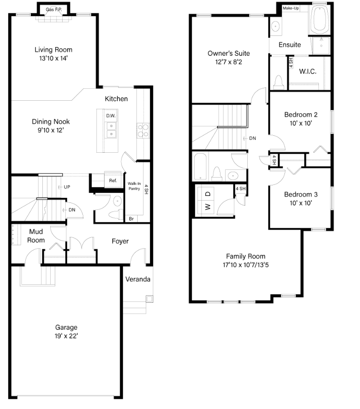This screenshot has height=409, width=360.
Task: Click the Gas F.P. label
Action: (53, 10)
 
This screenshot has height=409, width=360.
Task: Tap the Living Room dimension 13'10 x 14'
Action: (53, 58)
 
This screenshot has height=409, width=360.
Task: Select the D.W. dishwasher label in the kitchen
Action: (111, 115)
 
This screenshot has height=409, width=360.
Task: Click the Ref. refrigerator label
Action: (113, 181)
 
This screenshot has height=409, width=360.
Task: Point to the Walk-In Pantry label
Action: (134, 186)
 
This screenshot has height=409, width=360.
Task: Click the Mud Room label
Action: (36, 236)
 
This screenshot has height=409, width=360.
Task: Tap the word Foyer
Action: (120, 241)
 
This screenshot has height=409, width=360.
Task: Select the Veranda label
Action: (138, 279)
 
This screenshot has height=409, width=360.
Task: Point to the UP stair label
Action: (67, 187)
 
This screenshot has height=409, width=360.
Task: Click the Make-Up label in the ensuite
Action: (290, 8)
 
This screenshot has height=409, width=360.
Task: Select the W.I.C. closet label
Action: (307, 71)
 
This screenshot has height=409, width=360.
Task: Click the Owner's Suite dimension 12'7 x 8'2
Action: (225, 62)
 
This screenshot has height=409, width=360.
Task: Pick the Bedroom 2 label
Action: (301, 115)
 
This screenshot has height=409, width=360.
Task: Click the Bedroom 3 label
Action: (301, 194)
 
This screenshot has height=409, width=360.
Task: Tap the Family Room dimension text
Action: (245, 265)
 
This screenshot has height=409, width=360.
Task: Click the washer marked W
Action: (208, 206)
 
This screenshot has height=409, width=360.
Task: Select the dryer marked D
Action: (208, 194)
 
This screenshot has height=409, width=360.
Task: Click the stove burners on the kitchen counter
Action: (143, 131)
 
